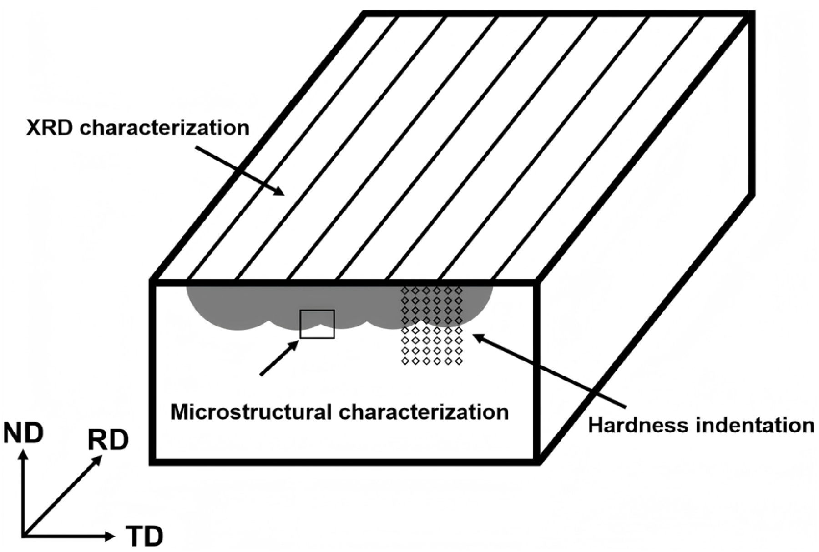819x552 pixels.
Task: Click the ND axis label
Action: (23, 433)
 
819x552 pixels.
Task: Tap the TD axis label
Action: (144, 537)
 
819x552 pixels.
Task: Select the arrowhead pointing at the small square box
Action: (294, 344)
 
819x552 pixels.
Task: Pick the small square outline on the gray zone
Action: (317, 324)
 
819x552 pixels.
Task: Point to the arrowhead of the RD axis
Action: (98, 460)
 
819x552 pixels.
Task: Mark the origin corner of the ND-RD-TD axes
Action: (23, 536)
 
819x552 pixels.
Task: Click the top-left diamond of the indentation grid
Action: (404, 290)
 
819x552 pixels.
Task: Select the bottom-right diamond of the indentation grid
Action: (459, 361)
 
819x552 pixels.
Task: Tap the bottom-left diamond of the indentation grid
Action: (404, 361)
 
